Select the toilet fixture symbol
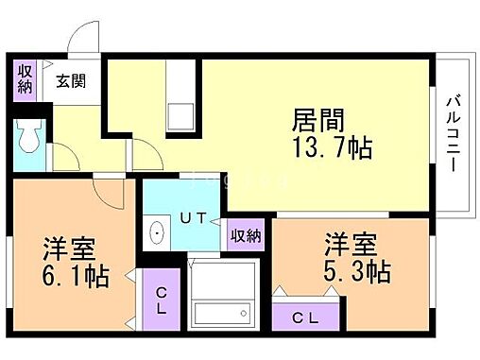[x=30, y=138]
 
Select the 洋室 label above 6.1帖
[x=69, y=250]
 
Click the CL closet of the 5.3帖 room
[x=304, y=316]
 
